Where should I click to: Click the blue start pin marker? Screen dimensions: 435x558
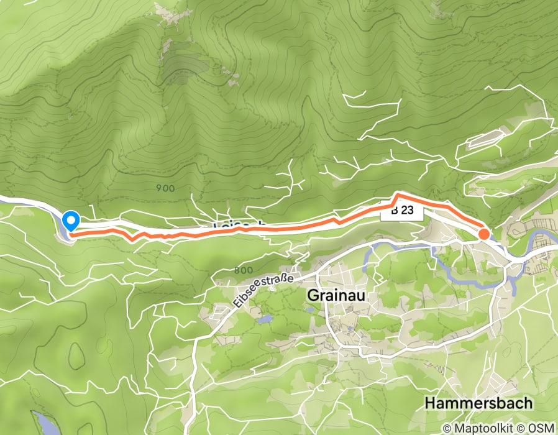click(x=71, y=220)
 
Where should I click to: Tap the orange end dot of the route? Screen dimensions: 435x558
click(x=483, y=234)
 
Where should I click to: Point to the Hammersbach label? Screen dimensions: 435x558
click(x=478, y=403)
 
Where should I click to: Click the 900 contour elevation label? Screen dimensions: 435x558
click(x=162, y=188)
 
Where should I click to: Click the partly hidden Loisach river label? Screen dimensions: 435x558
click(x=240, y=224)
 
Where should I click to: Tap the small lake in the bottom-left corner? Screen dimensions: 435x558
click(x=44, y=423)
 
